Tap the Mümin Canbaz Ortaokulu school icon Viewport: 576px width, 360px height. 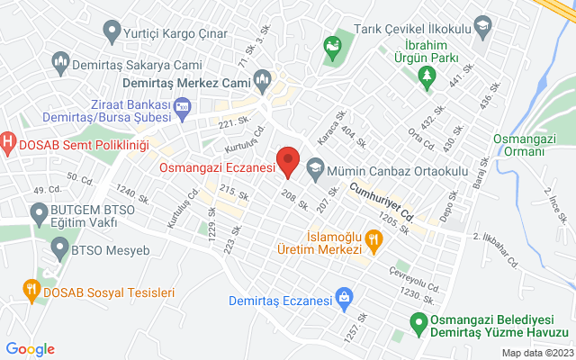click(x=315, y=166)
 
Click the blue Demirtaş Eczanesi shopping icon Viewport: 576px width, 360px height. click(x=343, y=295)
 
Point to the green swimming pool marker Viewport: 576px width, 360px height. click(x=418, y=320)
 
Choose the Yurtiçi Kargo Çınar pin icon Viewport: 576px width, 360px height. click(x=112, y=32)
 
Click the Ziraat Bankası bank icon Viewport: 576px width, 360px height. click(x=182, y=110)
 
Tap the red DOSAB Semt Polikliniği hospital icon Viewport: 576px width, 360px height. click(x=8, y=141)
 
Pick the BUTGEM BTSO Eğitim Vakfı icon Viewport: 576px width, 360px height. click(x=39, y=214)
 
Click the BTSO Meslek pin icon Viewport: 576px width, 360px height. click(x=58, y=246)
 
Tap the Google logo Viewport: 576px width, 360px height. click(x=31, y=349)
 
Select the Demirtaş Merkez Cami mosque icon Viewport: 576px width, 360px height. click(x=262, y=79)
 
